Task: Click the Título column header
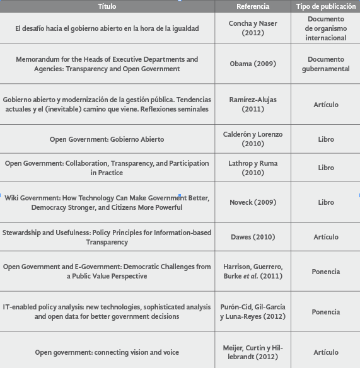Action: coord(107,6)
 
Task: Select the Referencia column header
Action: coord(253,6)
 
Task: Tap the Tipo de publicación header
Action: coord(325,6)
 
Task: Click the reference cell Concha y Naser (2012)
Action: coord(253,28)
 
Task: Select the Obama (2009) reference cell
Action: coord(253,64)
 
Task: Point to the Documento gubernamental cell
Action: coord(325,64)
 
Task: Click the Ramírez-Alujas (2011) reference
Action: coord(253,105)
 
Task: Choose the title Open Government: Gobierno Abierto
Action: coord(107,139)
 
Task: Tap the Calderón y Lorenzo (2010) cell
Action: coord(253,139)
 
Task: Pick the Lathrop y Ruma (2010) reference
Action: coord(253,168)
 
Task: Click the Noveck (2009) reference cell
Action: coord(253,203)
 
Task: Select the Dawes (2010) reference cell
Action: coord(253,238)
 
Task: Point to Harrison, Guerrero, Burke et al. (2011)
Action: coord(253,272)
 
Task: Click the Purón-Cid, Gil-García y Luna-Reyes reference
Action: coord(253,312)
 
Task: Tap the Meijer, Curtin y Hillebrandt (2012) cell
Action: coord(253,352)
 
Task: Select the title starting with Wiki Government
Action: coord(107,203)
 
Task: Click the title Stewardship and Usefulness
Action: coord(107,238)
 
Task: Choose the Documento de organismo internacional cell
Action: coord(325,28)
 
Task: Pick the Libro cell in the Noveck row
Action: coord(325,203)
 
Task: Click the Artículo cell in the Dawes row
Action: coord(325,238)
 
